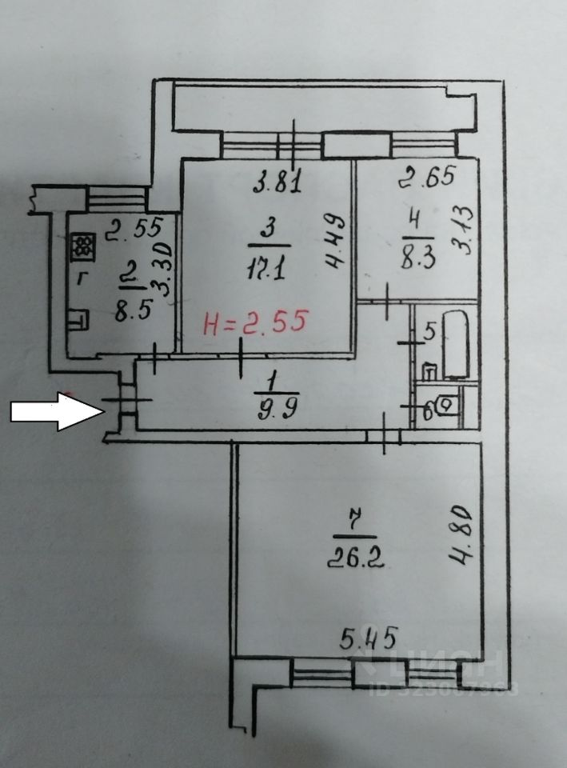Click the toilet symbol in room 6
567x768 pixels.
point(448,406)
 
